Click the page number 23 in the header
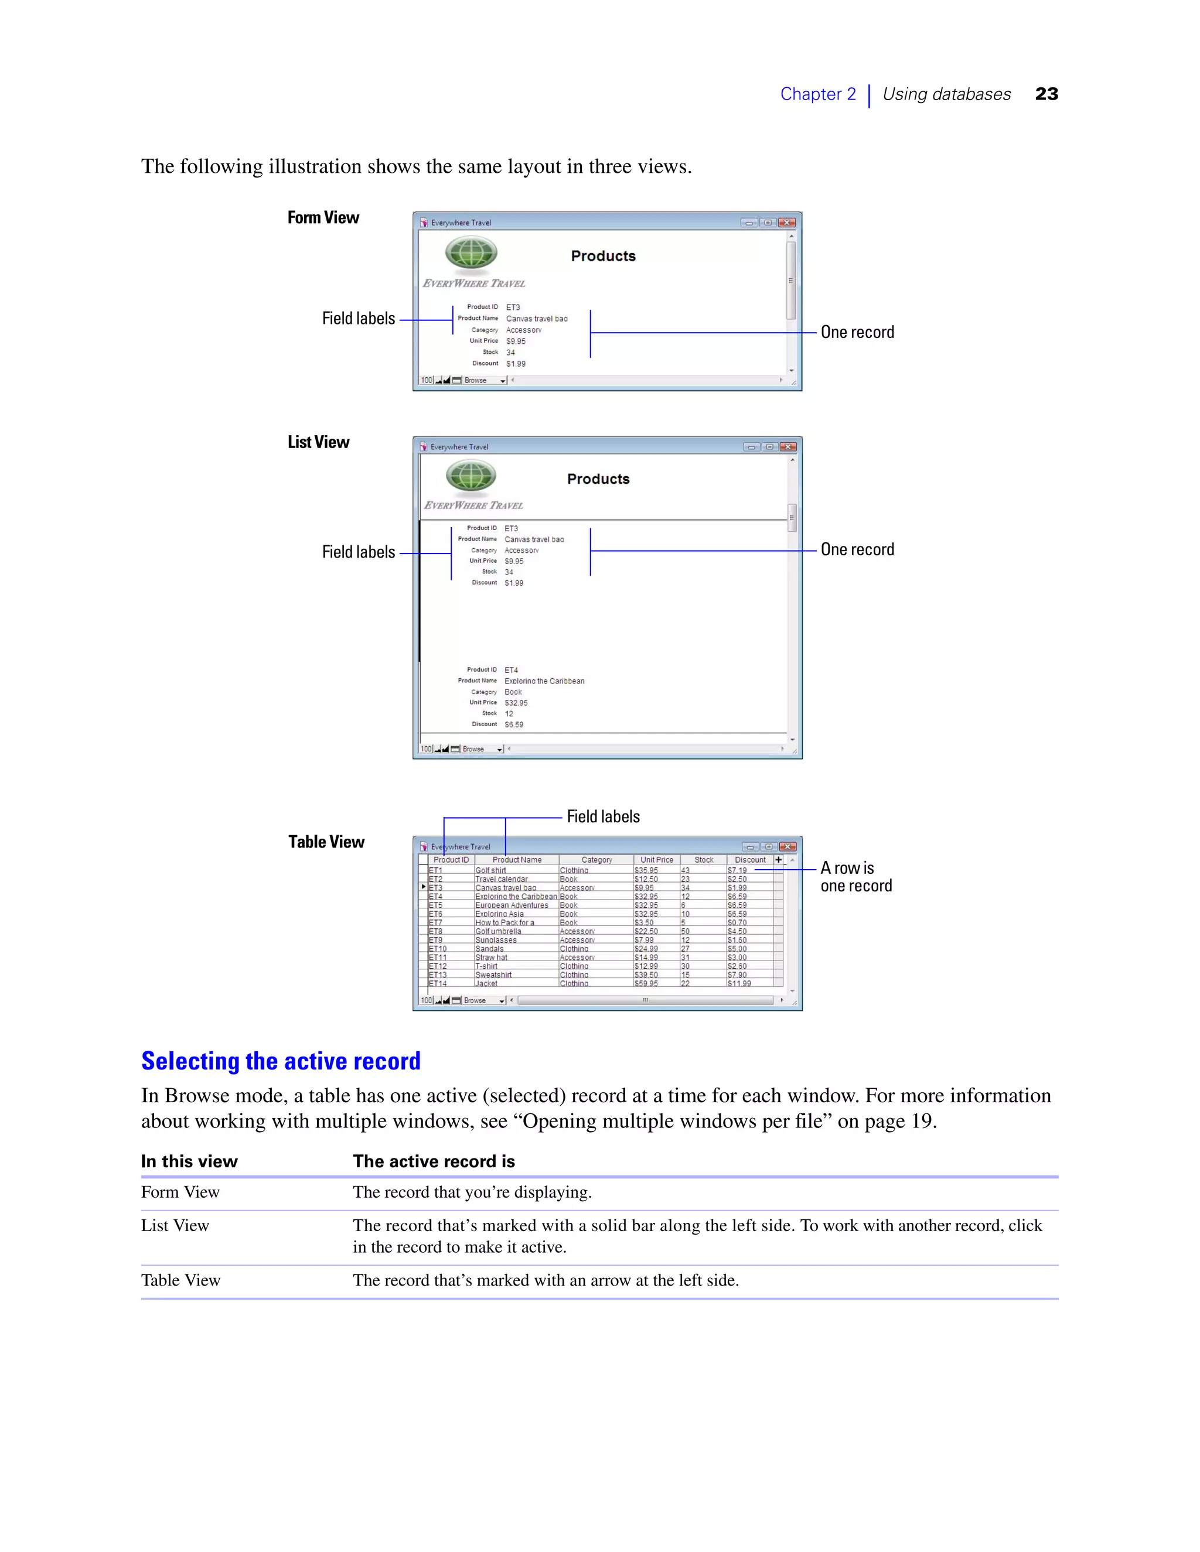(x=1046, y=94)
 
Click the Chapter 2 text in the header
(x=817, y=94)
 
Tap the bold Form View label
(x=323, y=217)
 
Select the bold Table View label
(x=326, y=842)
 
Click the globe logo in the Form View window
(x=471, y=253)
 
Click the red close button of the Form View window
(x=786, y=223)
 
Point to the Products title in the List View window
(x=598, y=479)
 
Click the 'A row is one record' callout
(x=855, y=877)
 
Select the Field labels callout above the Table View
(x=603, y=816)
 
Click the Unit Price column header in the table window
(x=656, y=860)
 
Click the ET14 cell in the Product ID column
(x=438, y=983)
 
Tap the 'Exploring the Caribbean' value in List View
(x=544, y=681)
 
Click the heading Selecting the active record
(x=281, y=1061)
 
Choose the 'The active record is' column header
(x=434, y=1161)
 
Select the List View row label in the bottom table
(x=175, y=1226)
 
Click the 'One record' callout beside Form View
(x=857, y=332)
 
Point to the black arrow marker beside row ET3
(x=424, y=887)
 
